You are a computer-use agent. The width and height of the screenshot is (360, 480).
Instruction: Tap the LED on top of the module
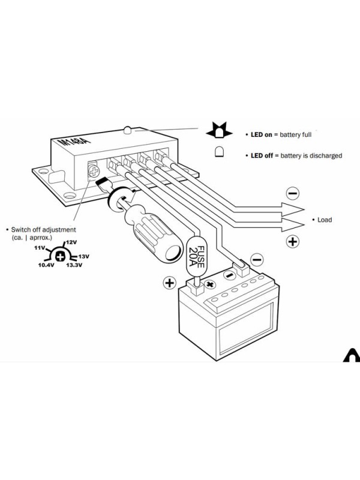(127, 130)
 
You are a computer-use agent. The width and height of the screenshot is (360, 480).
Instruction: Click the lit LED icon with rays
(219, 130)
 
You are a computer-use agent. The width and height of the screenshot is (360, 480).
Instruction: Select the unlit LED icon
(219, 152)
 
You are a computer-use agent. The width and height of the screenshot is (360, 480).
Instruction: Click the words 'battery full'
(295, 134)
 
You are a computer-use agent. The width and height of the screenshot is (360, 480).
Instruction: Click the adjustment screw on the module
(94, 171)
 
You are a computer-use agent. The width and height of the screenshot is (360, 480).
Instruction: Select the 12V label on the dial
(71, 242)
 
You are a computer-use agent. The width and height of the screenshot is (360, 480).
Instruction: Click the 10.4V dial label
(46, 265)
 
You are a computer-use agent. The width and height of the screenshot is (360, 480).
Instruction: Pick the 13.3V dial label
(74, 265)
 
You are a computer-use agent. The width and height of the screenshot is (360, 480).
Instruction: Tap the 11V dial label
(40, 248)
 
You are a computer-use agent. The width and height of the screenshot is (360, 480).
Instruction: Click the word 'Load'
(325, 220)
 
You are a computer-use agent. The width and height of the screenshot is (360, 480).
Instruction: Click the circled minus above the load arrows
(292, 193)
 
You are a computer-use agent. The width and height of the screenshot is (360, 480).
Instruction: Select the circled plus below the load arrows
(292, 242)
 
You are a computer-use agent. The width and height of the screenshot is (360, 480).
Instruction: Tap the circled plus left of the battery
(170, 283)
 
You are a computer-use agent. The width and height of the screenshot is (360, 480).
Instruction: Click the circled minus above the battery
(257, 260)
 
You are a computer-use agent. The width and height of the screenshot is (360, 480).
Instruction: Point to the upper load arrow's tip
(304, 209)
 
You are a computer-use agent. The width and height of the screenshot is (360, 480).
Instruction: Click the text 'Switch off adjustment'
(43, 230)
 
